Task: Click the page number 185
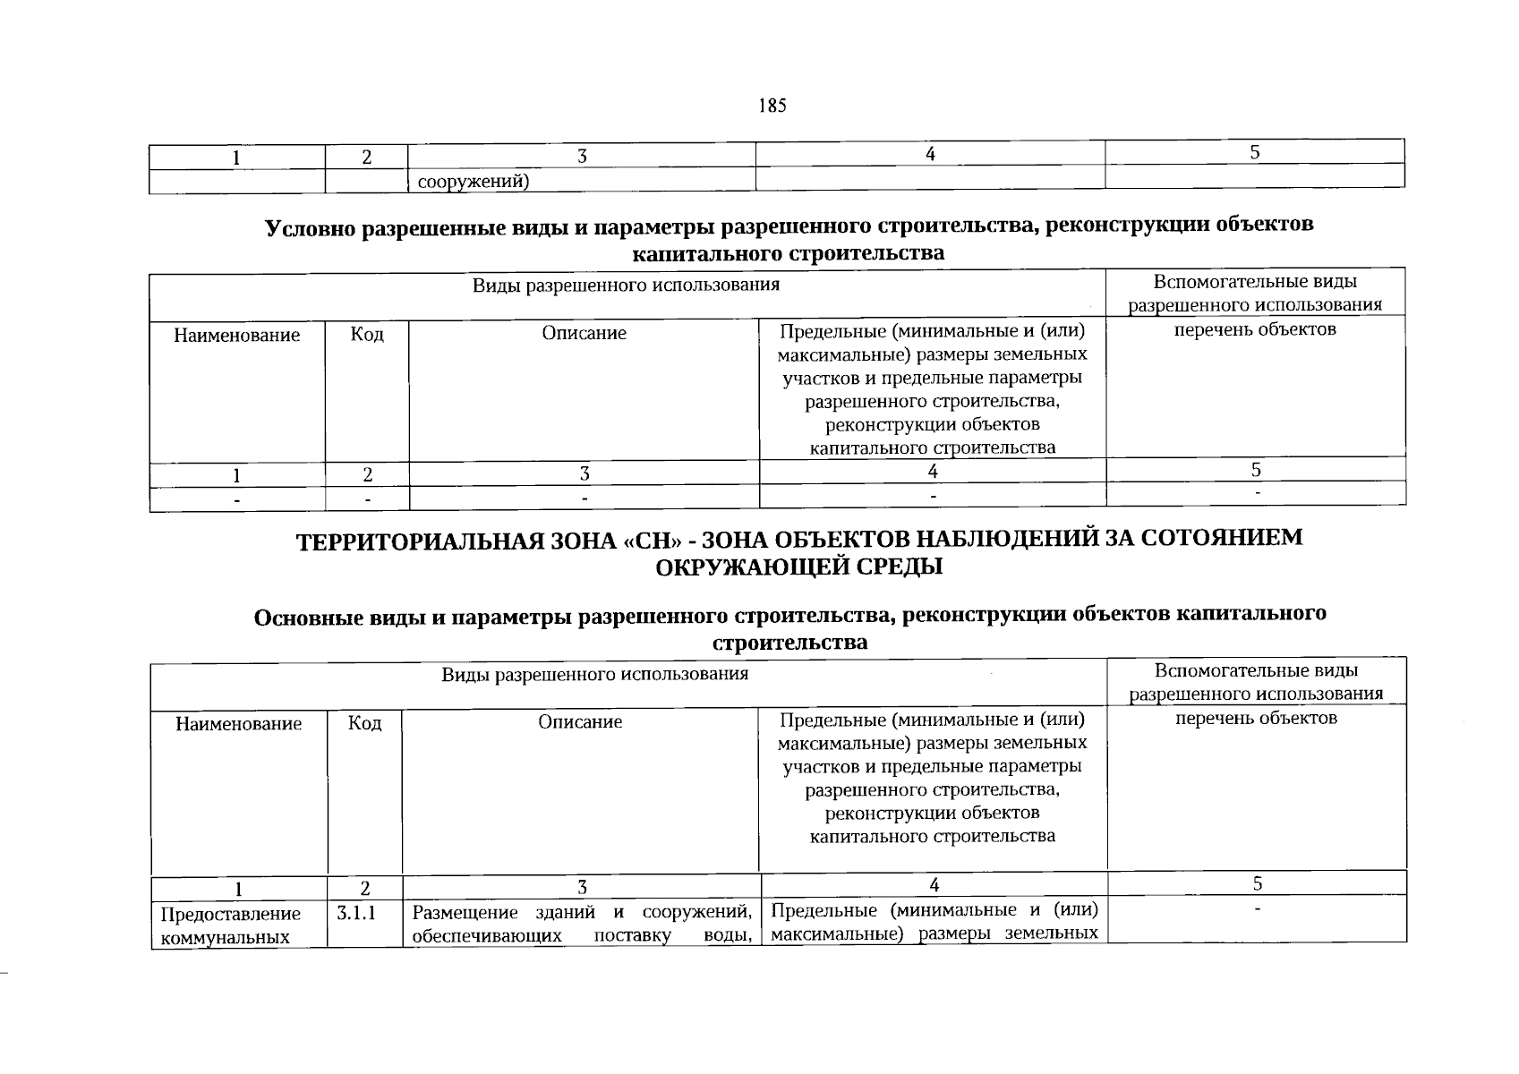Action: [x=772, y=106]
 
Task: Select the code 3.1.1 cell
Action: [x=356, y=914]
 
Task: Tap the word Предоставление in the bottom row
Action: [x=230, y=914]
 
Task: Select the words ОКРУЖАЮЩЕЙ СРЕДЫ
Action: [x=799, y=567]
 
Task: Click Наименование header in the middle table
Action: [x=236, y=336]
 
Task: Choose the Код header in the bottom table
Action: [x=364, y=723]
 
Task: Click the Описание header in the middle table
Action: [x=584, y=334]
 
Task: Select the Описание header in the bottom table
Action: [x=580, y=721]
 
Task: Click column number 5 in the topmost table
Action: [x=1255, y=152]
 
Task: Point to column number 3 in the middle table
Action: [x=584, y=473]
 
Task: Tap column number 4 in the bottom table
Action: [x=934, y=885]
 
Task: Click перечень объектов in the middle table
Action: [x=1255, y=329]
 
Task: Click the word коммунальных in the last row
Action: [x=225, y=937]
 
